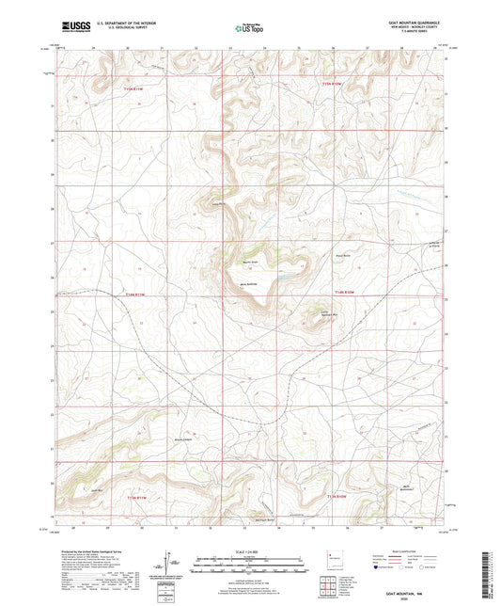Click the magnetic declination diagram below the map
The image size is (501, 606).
[174, 562]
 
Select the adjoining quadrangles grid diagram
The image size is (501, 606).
[330, 583]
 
